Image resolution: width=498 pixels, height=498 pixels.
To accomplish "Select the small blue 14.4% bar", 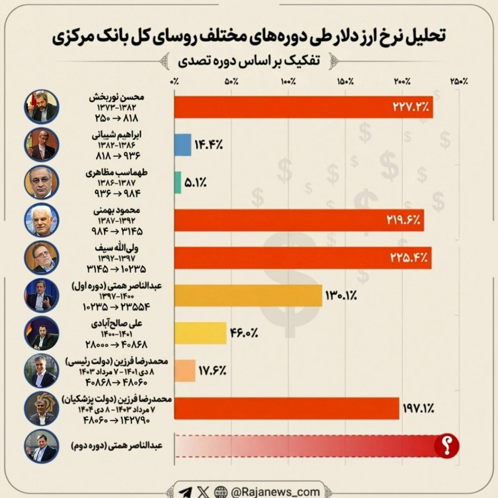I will coord(183,145).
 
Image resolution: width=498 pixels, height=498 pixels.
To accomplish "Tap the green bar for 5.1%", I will coord(178,182).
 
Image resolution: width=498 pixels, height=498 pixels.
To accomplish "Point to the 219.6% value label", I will coord(403,220).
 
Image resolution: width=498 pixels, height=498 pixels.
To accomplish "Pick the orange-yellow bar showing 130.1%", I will coord(248,295).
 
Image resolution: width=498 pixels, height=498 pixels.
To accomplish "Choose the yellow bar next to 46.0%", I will coord(201,333).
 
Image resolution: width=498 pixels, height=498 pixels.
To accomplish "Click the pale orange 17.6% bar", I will coord(185,371).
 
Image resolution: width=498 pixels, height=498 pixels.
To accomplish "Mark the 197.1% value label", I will coord(418,408).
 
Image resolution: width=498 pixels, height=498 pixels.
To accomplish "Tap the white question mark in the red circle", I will coord(447,446).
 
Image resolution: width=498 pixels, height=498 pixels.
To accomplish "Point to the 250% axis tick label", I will coord(459,81).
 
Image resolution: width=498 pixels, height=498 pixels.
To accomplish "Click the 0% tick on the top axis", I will coord(174,81).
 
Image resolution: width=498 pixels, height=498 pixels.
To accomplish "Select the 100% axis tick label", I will coord(288,81).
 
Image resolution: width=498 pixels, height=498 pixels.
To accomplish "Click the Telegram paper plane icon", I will coord(185,492).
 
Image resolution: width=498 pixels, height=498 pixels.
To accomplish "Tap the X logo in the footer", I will coord(203,492).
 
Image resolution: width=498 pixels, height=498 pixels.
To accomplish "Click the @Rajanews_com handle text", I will coord(275,492).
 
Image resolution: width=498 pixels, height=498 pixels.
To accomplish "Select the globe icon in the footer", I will coord(221,492).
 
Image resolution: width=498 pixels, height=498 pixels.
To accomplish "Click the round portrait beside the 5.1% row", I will coord(41,182).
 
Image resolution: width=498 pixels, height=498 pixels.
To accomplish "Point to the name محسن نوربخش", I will coord(116,97).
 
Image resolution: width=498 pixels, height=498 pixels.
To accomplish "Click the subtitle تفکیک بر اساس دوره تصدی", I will coord(249,61).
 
